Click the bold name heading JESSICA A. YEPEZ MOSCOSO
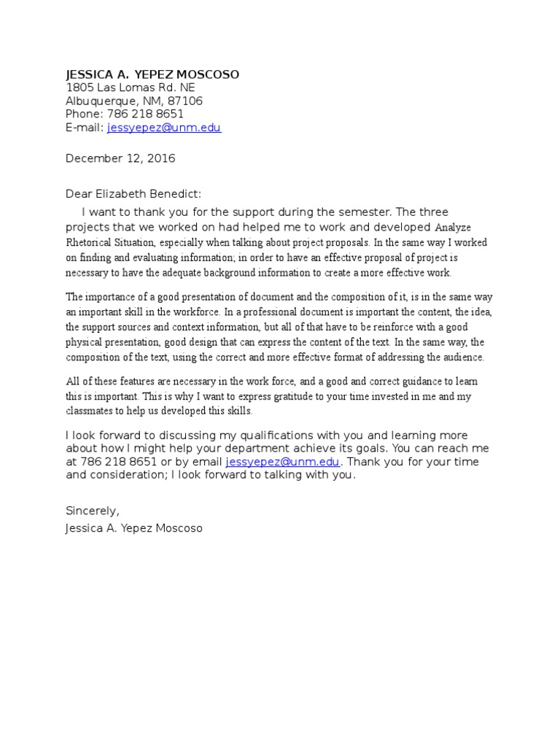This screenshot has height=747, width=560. coord(152,74)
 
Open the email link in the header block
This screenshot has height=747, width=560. coord(163,128)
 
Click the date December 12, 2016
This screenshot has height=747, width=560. coord(120,158)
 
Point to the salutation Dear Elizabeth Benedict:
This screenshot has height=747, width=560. coord(133,194)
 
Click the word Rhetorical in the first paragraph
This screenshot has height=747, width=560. coord(90,242)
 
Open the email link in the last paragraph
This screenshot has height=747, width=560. coord(282,462)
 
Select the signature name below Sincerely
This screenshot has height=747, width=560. coord(134,527)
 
